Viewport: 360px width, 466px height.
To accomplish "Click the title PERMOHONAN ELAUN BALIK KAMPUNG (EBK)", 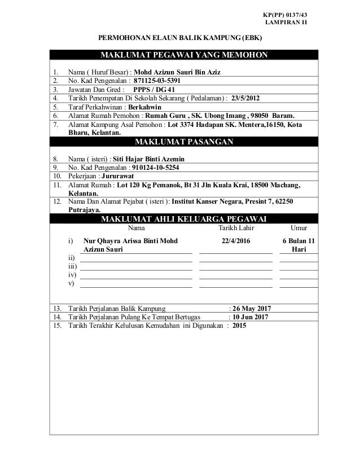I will tap(180, 38).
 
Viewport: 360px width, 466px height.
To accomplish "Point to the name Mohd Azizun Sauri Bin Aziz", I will tap(178, 72).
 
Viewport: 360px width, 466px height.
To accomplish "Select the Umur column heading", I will tap(298, 228).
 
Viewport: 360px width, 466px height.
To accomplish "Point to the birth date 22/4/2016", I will tap(237, 241).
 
